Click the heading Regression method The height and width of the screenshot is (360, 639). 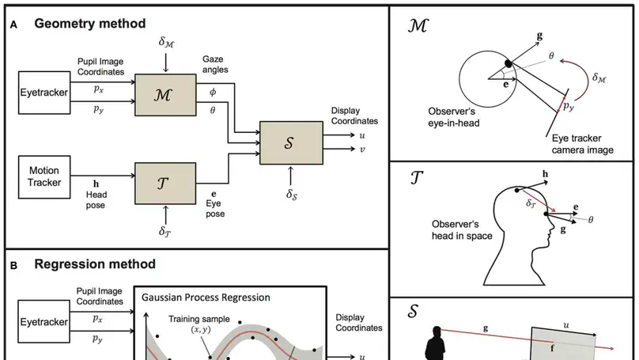click(x=94, y=263)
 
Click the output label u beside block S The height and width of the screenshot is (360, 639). click(x=361, y=135)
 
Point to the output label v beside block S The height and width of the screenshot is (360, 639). click(x=361, y=149)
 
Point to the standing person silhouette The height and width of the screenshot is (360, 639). click(x=434, y=344)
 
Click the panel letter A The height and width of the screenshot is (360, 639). click(x=13, y=25)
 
